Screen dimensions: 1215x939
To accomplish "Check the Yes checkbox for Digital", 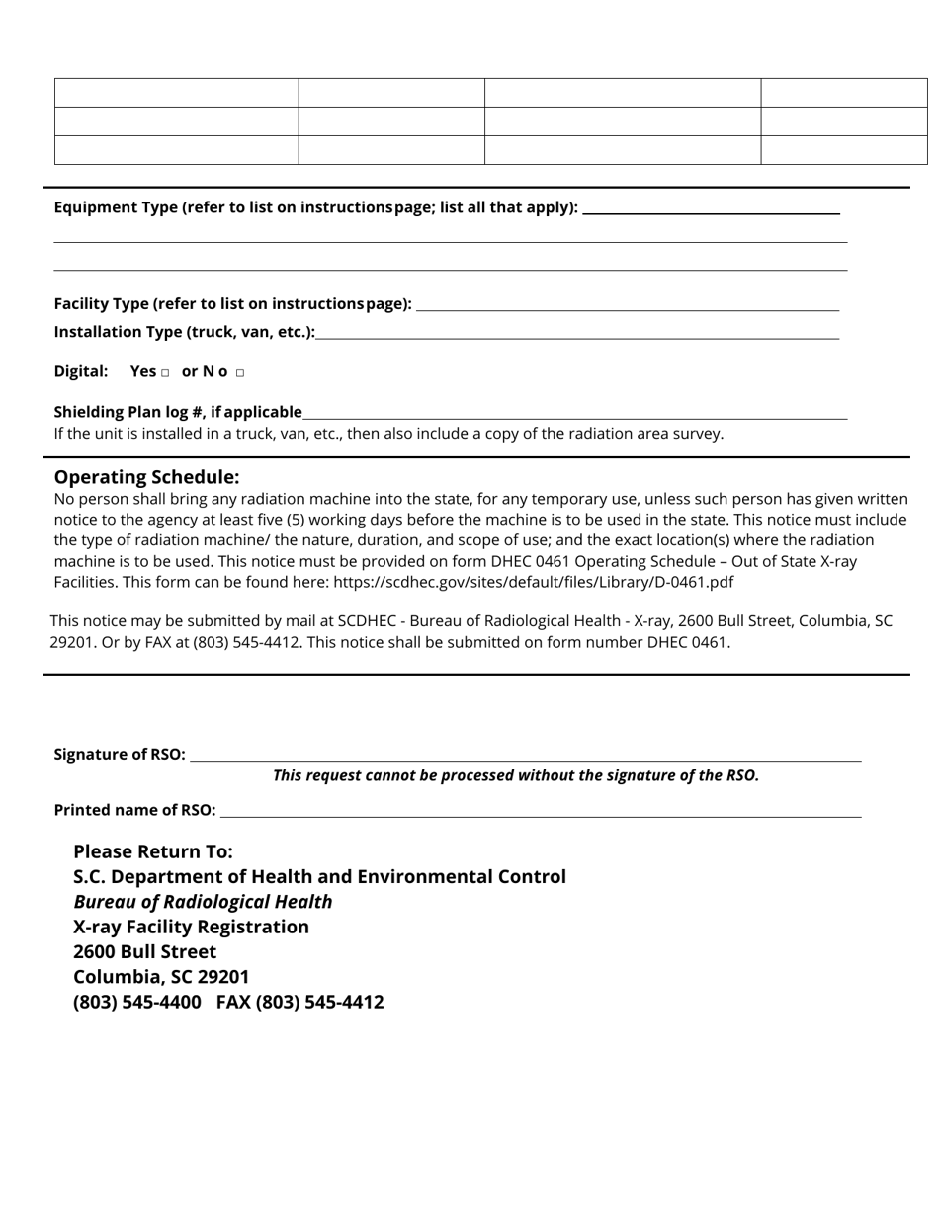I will [165, 373].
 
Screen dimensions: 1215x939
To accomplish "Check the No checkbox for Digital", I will [240, 373].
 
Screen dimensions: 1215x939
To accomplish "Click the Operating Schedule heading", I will [146, 476].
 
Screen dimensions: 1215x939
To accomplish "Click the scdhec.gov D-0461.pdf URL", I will [533, 582].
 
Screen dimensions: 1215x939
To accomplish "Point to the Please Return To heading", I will [153, 851].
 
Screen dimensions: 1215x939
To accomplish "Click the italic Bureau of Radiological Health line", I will [203, 902].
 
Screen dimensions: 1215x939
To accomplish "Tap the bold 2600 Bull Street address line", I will [144, 951].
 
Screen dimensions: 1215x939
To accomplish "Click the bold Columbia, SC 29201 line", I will [161, 977].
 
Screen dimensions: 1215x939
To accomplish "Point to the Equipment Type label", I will [315, 207].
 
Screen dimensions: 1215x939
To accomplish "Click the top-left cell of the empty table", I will [176, 93].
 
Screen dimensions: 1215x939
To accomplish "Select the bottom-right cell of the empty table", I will [843, 150].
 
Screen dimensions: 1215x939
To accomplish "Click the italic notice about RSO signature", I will [515, 775].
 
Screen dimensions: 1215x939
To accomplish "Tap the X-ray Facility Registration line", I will [191, 927].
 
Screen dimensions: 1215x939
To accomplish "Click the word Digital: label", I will [81, 371].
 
